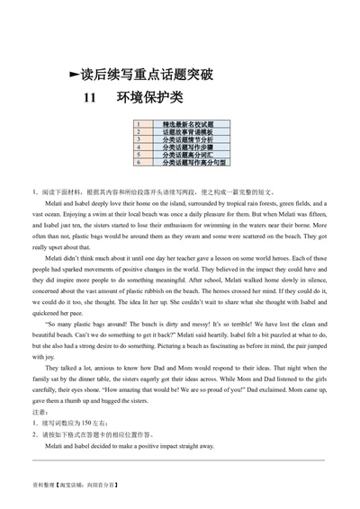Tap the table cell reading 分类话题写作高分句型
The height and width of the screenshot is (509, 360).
[189, 162]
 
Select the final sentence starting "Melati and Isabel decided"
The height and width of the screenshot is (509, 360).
[129, 445]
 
